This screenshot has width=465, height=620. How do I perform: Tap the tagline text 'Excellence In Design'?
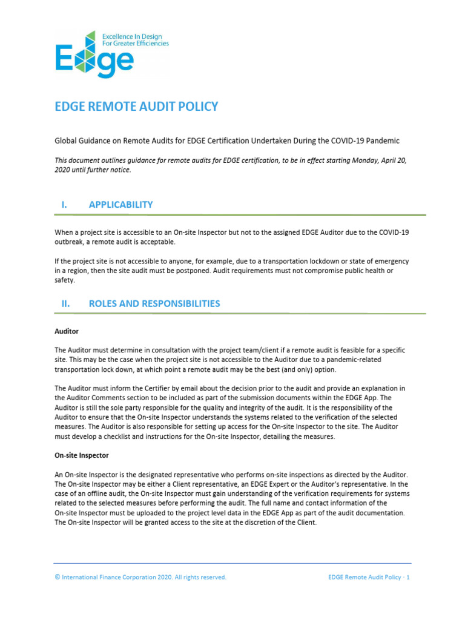pos(139,36)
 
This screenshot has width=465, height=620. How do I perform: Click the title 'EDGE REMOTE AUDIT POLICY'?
pos(136,107)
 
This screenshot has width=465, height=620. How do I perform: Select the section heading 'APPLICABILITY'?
pos(120,205)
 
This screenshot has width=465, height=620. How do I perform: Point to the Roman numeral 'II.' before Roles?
pos(65,303)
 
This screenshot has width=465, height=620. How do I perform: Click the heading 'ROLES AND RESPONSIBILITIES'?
pos(154,303)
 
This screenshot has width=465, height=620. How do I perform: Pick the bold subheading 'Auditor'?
pos(67,332)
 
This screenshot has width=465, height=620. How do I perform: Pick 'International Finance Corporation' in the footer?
pos(111,578)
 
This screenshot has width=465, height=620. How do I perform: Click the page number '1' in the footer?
pos(409,578)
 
